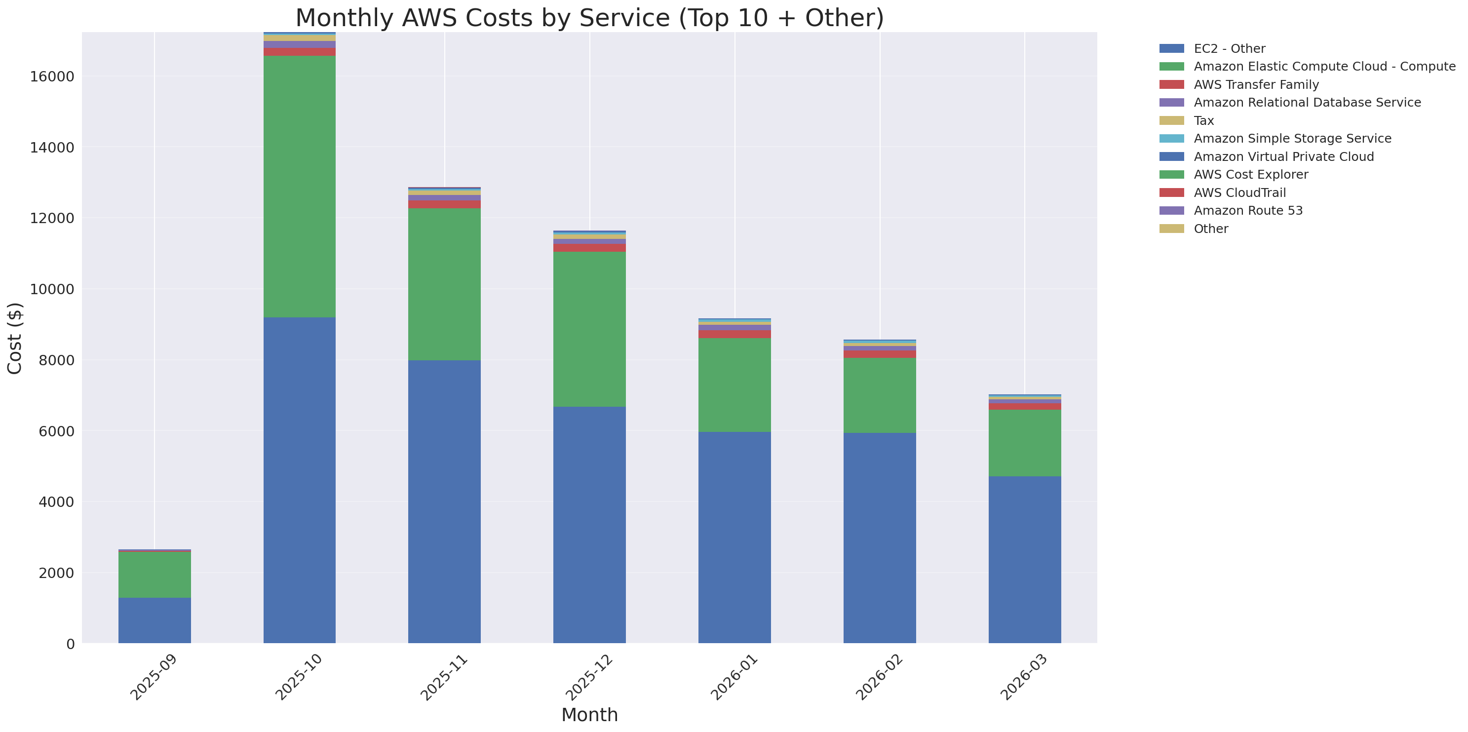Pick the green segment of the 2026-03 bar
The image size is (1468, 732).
coord(1024,443)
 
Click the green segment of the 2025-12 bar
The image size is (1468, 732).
coord(589,329)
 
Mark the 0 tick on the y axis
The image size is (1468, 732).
coord(70,644)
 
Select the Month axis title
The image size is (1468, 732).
coord(589,715)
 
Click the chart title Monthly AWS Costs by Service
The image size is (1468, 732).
coord(589,18)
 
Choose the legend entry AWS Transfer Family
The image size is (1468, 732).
coord(1256,85)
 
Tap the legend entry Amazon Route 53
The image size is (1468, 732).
coord(1248,211)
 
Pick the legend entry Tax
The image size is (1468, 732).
coord(1203,121)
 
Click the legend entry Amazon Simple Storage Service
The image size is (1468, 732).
coord(1292,138)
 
